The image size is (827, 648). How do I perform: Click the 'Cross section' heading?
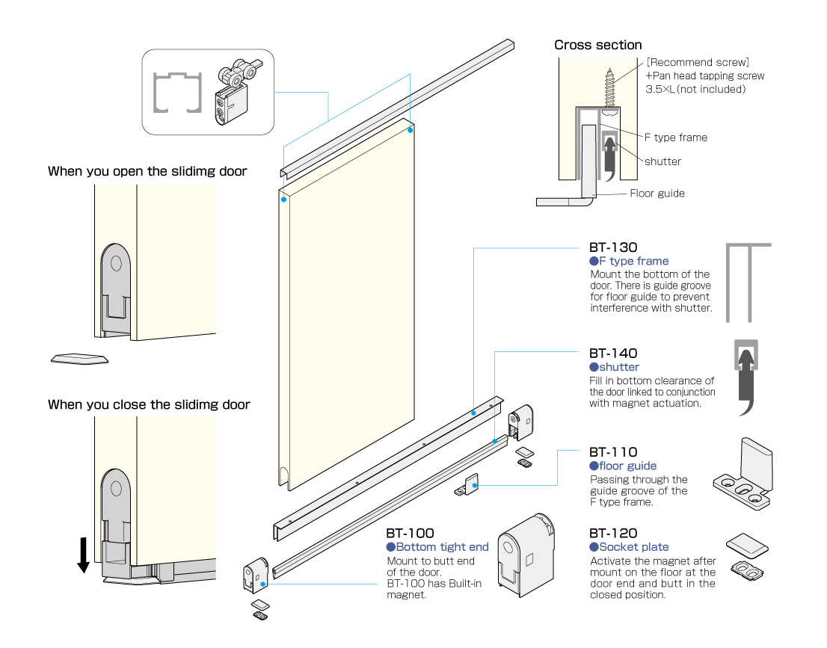pos(597,46)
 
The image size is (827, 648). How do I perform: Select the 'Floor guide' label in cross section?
pos(657,194)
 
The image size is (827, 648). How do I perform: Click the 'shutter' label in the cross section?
pos(662,161)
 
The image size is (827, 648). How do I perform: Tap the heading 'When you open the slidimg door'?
pos(147,172)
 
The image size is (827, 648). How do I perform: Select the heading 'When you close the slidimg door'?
pos(149,405)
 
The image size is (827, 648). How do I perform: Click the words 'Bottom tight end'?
pos(442,547)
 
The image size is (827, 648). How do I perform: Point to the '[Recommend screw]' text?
pos(698,63)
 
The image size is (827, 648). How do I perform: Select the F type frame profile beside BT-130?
pos(748,280)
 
